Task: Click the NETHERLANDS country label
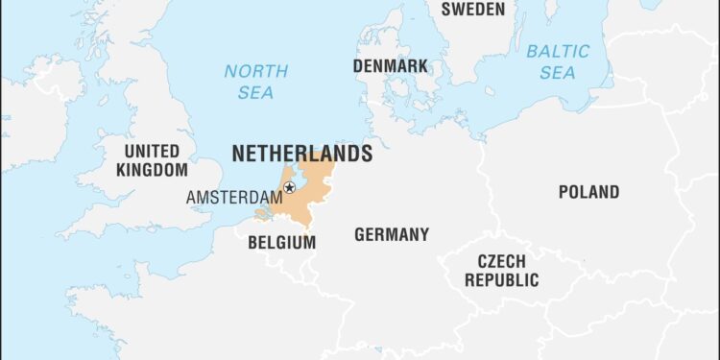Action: point(301,154)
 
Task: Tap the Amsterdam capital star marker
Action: point(289,188)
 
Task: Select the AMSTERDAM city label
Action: point(234,197)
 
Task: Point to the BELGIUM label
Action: point(281,242)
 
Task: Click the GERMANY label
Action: point(392,234)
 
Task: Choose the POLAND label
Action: point(588,192)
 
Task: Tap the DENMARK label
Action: point(390,66)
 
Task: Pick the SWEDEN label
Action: point(472,10)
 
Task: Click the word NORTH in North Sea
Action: point(255,71)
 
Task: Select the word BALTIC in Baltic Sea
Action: point(558,50)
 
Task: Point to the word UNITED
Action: point(152,151)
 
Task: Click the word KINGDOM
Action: point(152,170)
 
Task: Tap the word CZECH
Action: point(501,261)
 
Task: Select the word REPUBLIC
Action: point(501,280)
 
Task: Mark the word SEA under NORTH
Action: point(256,92)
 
